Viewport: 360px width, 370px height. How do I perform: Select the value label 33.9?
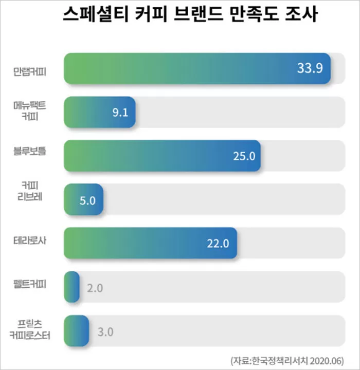point(310,68)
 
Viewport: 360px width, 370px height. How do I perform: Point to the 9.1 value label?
point(120,113)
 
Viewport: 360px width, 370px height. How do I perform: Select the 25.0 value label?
point(244,156)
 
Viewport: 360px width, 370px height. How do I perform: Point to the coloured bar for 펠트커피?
point(71,287)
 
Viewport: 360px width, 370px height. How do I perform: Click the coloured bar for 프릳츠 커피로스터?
point(76,330)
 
